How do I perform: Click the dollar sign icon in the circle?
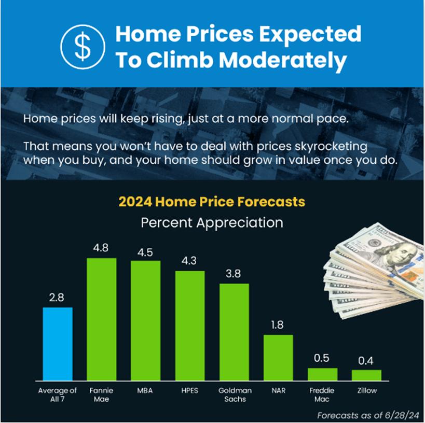click(83, 47)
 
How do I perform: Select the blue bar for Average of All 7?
click(58, 344)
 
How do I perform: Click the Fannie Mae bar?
click(102, 319)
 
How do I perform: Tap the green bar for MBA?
click(145, 321)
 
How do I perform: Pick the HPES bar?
click(190, 326)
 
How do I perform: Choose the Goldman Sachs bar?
click(234, 332)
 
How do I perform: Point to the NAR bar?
click(278, 358)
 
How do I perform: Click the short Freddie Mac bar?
click(323, 374)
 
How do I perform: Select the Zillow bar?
click(366, 375)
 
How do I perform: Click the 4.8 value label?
click(101, 248)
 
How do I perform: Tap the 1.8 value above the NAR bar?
click(277, 325)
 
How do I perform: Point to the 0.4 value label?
click(366, 361)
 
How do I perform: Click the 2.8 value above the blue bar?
click(57, 298)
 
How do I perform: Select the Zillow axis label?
click(367, 390)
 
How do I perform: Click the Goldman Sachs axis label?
click(235, 394)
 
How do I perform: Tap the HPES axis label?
click(190, 390)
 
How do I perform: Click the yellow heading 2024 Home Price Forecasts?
click(212, 202)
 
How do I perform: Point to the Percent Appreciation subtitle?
click(212, 223)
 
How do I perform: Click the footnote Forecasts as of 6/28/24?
click(368, 415)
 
